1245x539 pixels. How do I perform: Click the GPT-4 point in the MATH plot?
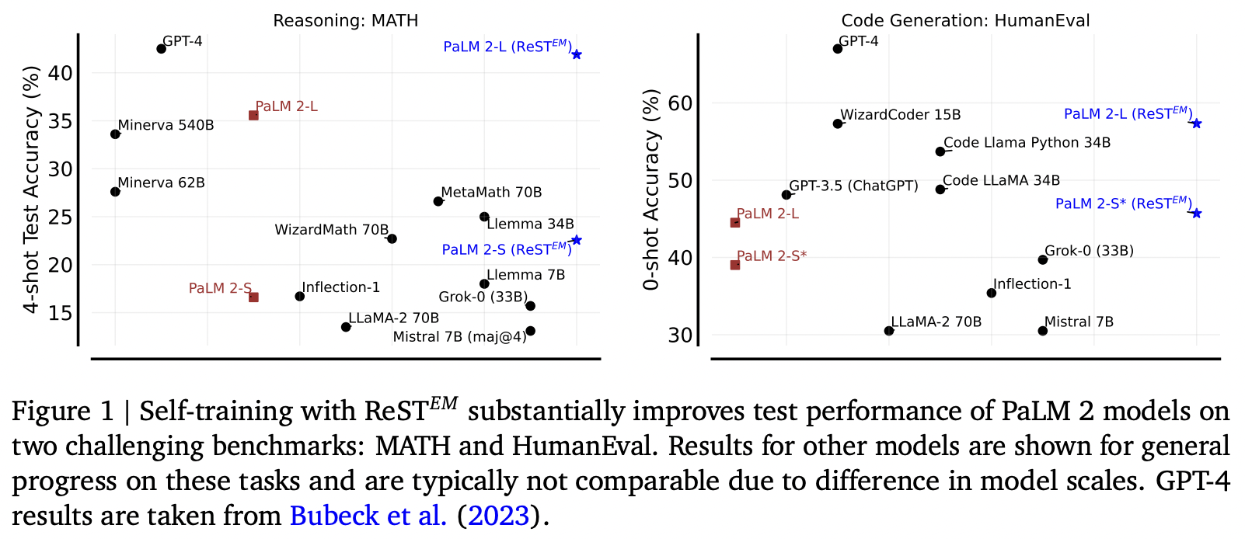161,49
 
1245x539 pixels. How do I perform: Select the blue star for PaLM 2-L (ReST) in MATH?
577,54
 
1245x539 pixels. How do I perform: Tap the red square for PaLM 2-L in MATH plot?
253,116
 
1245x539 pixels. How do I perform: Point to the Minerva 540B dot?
116,134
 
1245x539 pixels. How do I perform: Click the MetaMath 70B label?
491,192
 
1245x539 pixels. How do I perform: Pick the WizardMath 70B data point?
392,238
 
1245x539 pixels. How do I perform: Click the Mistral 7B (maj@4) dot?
530,331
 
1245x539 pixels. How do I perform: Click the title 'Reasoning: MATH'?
346,21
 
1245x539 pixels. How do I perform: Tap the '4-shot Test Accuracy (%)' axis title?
32,190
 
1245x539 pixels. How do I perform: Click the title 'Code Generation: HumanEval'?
965,21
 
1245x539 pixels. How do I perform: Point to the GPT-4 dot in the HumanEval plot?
838,49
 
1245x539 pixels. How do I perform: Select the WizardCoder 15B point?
838,123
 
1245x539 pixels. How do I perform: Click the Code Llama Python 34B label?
1027,143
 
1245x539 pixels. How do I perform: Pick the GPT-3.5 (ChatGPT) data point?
786,195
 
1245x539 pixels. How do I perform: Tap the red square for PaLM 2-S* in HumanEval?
735,265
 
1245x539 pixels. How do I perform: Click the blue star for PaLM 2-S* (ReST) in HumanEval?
1197,214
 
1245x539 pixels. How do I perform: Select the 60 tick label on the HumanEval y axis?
681,103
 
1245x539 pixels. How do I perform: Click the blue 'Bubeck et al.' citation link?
368,516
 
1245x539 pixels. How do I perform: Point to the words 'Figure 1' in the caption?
62,411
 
